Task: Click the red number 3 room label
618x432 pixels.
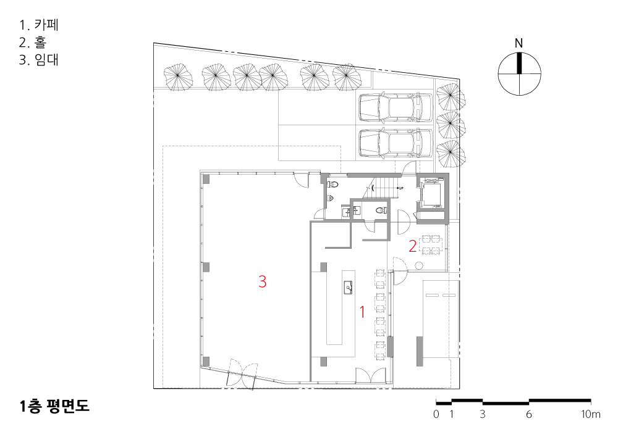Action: coord(263,281)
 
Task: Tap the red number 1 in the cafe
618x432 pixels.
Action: coord(362,312)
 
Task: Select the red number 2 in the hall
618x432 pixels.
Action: coord(413,246)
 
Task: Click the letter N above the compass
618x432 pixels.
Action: coord(519,43)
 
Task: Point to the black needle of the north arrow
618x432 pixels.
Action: coord(519,63)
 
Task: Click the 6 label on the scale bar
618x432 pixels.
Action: coord(528,414)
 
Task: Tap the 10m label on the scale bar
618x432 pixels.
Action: coord(590,414)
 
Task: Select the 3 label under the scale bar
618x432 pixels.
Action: coord(483,414)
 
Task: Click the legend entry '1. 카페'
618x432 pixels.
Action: coord(39,25)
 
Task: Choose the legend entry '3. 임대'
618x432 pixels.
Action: coord(39,59)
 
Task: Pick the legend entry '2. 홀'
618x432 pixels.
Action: coord(33,42)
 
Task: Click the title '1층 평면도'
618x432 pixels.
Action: coord(54,406)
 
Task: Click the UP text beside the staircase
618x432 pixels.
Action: coord(401,188)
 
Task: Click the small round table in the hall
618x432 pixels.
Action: coord(418,265)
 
